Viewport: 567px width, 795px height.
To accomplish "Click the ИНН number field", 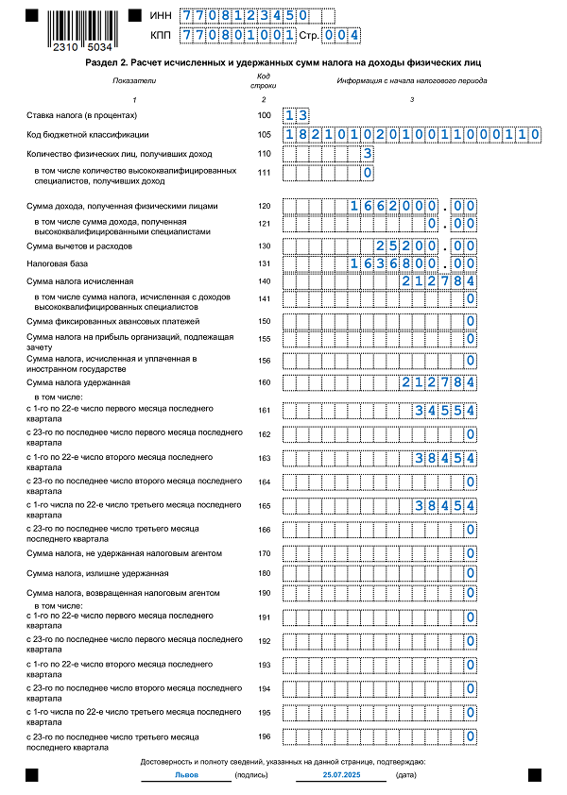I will point(244,16).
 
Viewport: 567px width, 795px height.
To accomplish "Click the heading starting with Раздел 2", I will point(283,61).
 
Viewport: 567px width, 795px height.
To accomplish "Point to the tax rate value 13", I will point(296,115).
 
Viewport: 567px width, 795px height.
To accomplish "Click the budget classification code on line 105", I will point(411,135).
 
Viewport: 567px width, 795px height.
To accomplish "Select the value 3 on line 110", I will point(367,154).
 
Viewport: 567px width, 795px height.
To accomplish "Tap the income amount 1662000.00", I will point(413,206).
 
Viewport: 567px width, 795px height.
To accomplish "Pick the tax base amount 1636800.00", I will point(413,263).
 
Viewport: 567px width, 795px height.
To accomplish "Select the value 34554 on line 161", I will point(444,411).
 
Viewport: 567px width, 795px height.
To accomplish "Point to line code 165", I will point(264,505).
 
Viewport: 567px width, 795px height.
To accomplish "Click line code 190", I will point(264,593).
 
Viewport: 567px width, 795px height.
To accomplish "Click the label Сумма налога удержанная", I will point(78,382).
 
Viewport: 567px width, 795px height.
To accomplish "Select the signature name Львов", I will point(186,774).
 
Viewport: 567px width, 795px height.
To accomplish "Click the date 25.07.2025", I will point(340,774).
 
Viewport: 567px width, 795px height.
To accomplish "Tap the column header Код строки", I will point(264,85).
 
